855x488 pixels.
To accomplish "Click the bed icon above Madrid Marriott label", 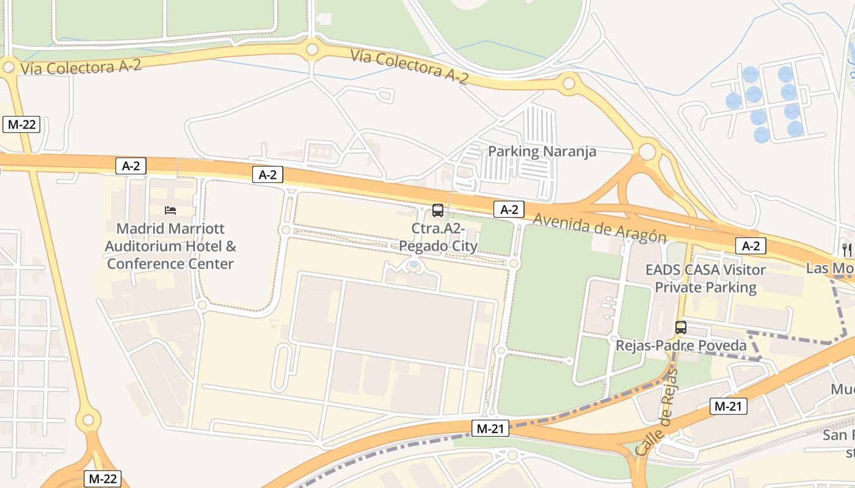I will click(x=170, y=210).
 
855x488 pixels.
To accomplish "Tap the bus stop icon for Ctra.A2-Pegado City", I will click(x=437, y=210).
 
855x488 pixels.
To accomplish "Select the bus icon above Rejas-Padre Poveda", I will click(x=681, y=328).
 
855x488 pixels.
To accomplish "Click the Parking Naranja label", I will click(x=542, y=151).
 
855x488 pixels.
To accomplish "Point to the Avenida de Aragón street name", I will click(x=598, y=228).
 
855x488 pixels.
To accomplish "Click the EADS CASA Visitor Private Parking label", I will click(x=705, y=278).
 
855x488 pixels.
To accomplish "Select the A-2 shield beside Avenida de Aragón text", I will click(x=509, y=210).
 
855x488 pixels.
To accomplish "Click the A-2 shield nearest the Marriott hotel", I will click(x=131, y=165).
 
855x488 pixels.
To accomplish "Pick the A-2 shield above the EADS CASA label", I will click(x=751, y=246).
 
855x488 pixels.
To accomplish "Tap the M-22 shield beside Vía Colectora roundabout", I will click(x=21, y=125).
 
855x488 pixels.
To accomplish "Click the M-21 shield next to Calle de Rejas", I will click(x=728, y=406).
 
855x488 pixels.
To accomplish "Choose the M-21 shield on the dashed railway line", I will click(x=490, y=429).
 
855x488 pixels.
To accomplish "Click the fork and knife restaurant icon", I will click(x=846, y=249).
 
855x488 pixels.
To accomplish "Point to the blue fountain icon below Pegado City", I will click(x=413, y=265).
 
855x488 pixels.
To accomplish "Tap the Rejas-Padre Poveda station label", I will click(x=681, y=346).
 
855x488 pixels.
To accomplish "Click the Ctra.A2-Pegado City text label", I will click(x=438, y=237).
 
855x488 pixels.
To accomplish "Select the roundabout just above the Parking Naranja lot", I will click(x=569, y=82).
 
